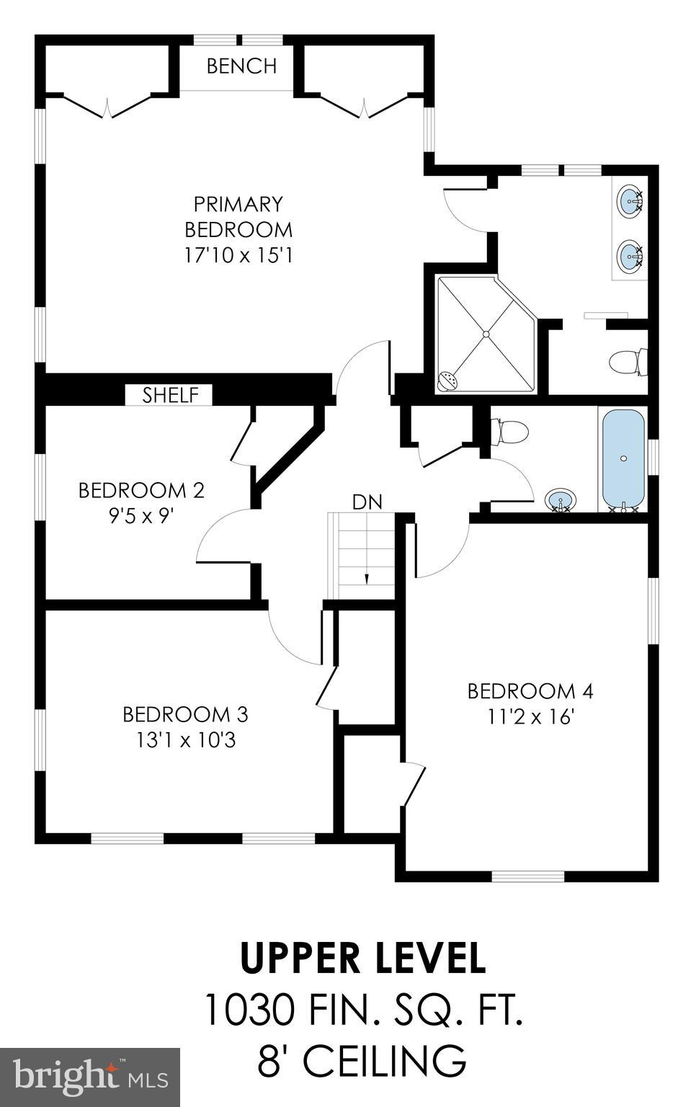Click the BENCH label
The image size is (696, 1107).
[241, 66]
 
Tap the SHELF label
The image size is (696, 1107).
[170, 395]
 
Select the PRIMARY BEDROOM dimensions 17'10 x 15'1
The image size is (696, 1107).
[238, 255]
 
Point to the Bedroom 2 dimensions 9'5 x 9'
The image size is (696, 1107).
[140, 516]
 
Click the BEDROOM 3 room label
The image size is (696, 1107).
[185, 714]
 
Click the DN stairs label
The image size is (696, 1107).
[367, 502]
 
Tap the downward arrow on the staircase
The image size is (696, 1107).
[367, 578]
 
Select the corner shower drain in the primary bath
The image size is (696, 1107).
[486, 334]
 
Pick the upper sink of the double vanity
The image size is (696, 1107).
[630, 199]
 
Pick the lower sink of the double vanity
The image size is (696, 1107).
[630, 254]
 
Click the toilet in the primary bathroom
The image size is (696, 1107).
[628, 362]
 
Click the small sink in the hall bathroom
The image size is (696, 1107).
[561, 499]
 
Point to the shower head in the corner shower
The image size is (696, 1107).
[449, 381]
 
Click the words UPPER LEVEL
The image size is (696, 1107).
[362, 958]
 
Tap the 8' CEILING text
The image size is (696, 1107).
[362, 1060]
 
